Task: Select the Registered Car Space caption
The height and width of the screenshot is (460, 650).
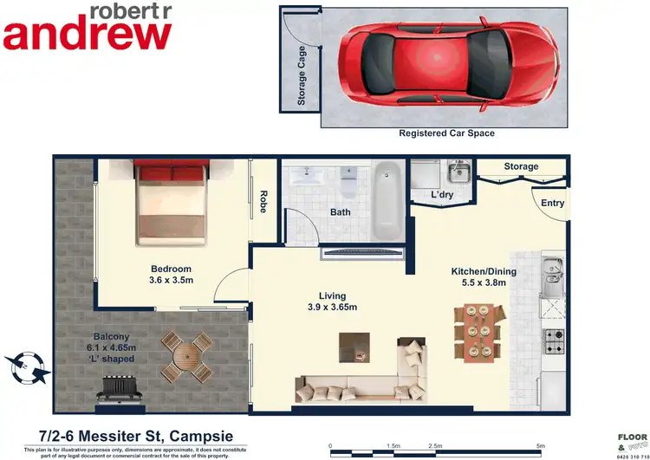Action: pos(446,134)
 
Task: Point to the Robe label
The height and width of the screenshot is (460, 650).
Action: pos(263,202)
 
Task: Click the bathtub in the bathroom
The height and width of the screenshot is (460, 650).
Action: pos(387,201)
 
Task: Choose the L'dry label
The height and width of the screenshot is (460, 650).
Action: pos(443,195)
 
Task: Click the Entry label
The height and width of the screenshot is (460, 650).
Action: pos(552,204)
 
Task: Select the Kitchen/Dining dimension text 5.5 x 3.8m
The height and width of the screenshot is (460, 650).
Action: pos(484,283)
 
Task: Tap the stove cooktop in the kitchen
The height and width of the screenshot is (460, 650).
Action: pos(553,340)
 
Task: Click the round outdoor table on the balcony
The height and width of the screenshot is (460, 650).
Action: pos(185,356)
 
